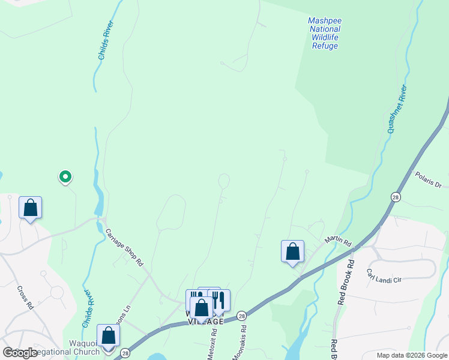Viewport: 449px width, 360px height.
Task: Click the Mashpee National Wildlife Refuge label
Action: tap(324, 33)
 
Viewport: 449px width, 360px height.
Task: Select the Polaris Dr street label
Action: tap(428, 180)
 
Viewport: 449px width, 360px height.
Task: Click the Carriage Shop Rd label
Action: tap(124, 247)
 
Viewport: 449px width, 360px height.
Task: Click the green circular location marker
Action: tap(65, 176)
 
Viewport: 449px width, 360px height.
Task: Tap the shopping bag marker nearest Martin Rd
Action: tap(292, 251)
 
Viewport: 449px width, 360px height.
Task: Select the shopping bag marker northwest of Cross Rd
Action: tap(30, 208)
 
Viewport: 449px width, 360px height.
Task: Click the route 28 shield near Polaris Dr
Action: tap(396, 197)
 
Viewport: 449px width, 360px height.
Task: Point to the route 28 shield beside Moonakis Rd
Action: tap(241, 315)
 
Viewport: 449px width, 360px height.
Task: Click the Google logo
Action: tap(20, 353)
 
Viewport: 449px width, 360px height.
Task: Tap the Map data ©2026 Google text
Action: tap(412, 355)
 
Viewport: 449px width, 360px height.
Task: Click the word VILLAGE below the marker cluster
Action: tap(205, 322)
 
